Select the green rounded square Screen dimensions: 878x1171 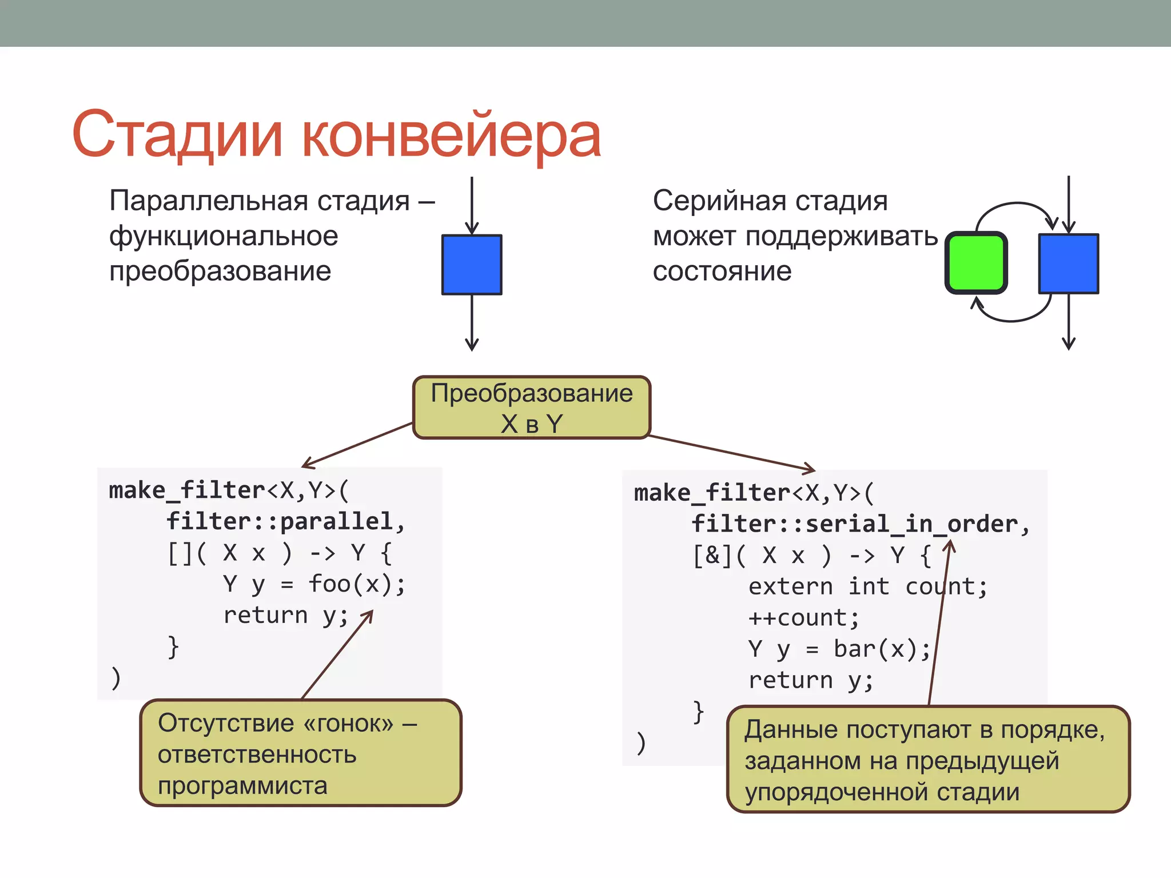pos(976,263)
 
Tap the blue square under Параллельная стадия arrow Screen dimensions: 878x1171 pos(472,265)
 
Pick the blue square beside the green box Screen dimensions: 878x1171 pos(1068,264)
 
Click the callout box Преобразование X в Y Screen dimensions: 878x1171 pos(532,408)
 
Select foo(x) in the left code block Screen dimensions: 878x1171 pos(350,584)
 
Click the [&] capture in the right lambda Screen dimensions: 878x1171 pos(712,555)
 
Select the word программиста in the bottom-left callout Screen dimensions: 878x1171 pos(242,786)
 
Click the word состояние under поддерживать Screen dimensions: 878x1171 pos(722,271)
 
